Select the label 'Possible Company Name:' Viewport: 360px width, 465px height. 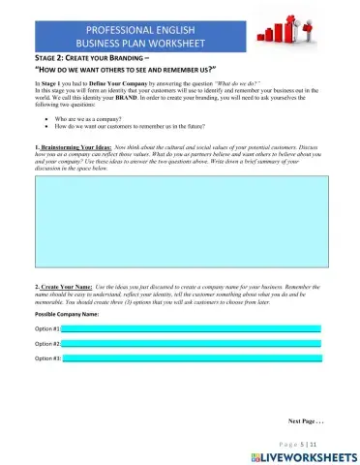pyautogui.click(x=67, y=315)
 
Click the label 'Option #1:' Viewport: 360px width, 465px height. pyautogui.click(x=48, y=329)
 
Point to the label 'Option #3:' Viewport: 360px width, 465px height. pyautogui.click(x=48, y=358)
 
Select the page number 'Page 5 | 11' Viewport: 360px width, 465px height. pyautogui.click(x=312, y=442)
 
